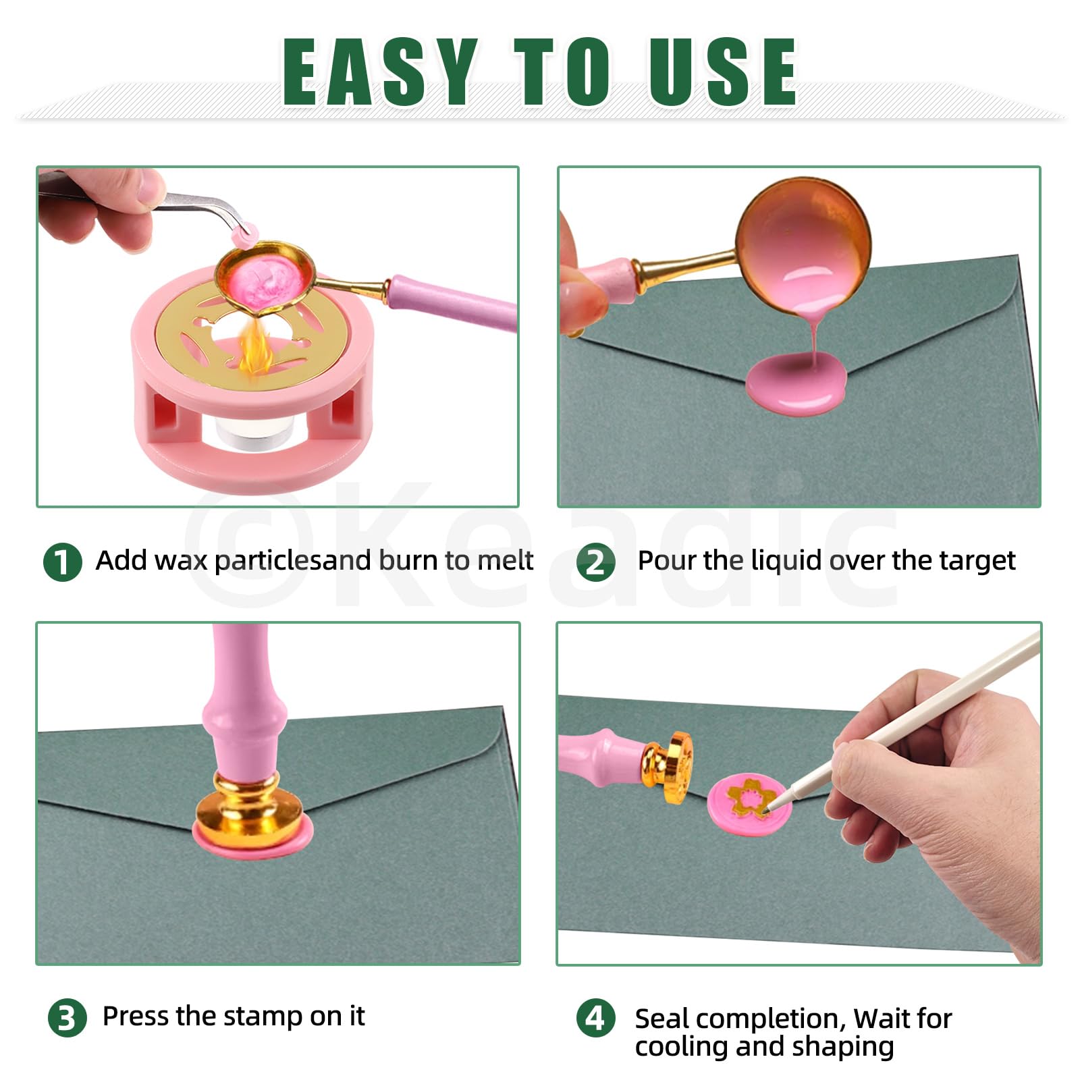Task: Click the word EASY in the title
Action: point(380,72)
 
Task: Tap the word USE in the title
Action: point(723,72)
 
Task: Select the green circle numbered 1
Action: point(62,562)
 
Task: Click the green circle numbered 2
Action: point(595,562)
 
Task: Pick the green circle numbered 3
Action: point(67,1018)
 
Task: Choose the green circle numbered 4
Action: point(595,1018)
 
